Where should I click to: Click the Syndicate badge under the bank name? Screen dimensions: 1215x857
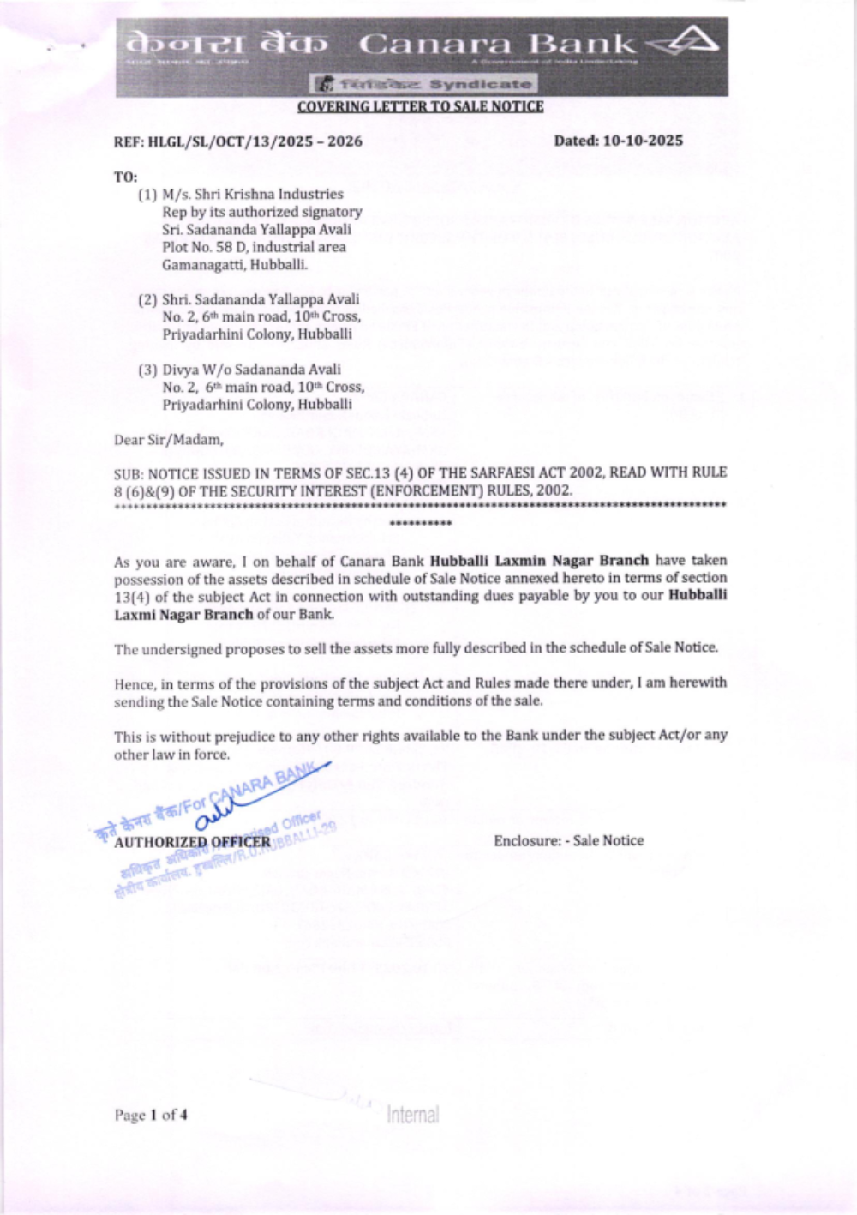coord(423,84)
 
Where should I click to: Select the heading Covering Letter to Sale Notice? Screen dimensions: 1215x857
coord(420,106)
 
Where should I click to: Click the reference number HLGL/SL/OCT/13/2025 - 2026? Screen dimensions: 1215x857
coord(255,141)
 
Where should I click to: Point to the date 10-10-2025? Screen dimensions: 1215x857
coord(643,141)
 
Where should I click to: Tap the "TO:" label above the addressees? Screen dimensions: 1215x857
coord(125,177)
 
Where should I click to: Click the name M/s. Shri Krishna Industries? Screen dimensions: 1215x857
coord(252,195)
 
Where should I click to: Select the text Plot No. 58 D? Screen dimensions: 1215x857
coord(203,247)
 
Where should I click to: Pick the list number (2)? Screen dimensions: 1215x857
coord(147,300)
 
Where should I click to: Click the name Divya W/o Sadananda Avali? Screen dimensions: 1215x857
coord(251,370)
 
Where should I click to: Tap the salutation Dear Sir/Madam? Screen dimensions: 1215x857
coord(168,440)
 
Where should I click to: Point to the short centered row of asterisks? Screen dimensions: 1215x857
coord(420,523)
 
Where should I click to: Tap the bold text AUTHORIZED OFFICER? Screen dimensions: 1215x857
coord(192,842)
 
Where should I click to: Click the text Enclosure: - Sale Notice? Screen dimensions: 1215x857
coord(568,840)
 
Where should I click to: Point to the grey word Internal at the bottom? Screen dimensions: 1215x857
coord(413,1115)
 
